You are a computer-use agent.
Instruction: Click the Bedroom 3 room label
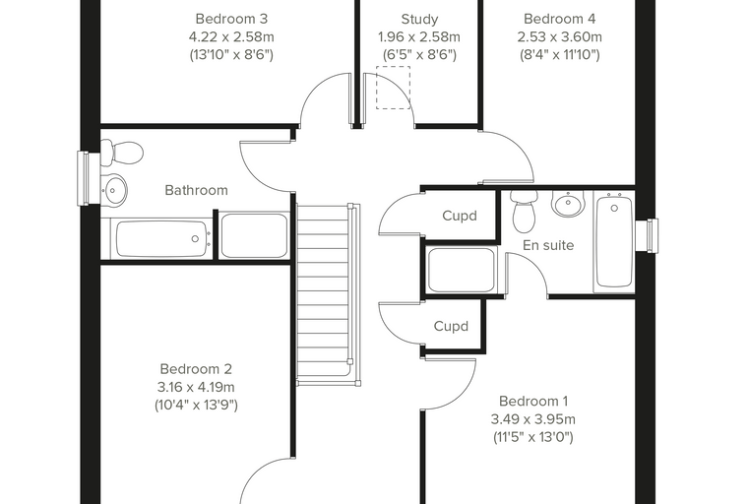click(x=231, y=19)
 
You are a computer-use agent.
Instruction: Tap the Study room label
click(x=419, y=19)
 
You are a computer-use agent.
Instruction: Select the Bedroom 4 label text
click(x=560, y=19)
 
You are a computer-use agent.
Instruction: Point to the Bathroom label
click(x=196, y=190)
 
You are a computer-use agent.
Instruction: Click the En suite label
click(x=548, y=245)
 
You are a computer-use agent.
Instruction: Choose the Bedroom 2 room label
click(x=196, y=369)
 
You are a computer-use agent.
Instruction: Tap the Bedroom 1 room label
click(x=533, y=401)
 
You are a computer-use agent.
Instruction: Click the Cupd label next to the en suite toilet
click(x=460, y=216)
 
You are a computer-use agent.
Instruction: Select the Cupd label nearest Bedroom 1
click(x=451, y=326)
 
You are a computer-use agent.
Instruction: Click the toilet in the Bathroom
click(x=122, y=153)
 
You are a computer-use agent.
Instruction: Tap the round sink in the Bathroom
click(x=113, y=189)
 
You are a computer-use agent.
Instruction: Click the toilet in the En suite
click(x=524, y=212)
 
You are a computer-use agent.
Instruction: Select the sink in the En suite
click(x=567, y=204)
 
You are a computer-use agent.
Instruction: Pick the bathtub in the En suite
click(x=614, y=242)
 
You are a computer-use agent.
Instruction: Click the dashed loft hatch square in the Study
click(x=393, y=88)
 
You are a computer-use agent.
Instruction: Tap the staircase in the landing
click(x=328, y=294)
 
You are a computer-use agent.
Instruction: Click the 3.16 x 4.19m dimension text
click(x=196, y=387)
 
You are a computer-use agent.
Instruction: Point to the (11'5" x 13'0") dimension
click(x=533, y=437)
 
